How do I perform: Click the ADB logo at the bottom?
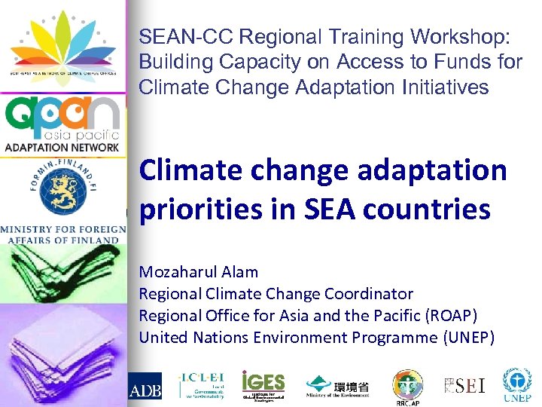point(145,388)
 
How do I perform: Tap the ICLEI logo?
point(200,384)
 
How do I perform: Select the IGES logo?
point(263,384)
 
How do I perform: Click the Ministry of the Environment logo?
point(337,387)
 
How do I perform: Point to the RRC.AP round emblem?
point(407,384)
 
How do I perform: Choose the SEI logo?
point(464,386)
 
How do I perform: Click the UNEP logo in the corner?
point(519,385)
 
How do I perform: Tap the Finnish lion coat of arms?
point(62,188)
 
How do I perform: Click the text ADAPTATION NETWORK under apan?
point(62,148)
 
